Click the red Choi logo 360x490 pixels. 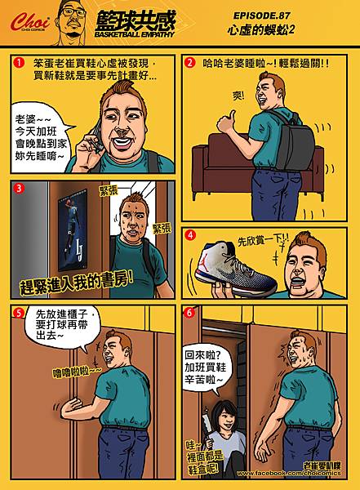click(x=30, y=22)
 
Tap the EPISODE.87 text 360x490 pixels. click(x=262, y=16)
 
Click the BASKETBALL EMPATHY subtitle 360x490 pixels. click(x=135, y=34)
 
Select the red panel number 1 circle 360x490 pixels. click(x=19, y=63)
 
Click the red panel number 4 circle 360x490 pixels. click(x=190, y=235)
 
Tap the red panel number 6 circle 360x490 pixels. click(x=189, y=313)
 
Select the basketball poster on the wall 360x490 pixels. click(x=73, y=230)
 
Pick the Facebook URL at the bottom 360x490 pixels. click(x=289, y=473)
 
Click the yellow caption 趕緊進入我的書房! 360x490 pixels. click(x=77, y=282)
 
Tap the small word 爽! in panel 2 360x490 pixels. click(x=238, y=96)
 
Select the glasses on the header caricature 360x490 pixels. click(x=73, y=12)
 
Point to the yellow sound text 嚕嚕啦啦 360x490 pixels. click(x=77, y=372)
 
